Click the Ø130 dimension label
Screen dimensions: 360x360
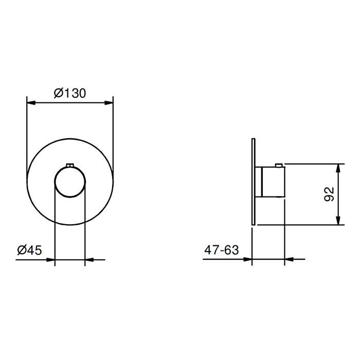[70, 93]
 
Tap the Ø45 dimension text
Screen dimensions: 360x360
[30, 250]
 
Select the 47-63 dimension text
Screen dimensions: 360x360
[222, 250]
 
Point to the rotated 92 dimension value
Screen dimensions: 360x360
[329, 194]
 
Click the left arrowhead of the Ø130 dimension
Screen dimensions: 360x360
[31, 103]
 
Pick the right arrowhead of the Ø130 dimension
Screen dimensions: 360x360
[109, 103]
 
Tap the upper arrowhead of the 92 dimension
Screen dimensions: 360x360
[338, 168]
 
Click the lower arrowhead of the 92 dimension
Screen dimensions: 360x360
[338, 221]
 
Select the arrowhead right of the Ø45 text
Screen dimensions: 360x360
[50, 260]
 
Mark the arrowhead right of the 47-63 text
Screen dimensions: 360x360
[248, 259]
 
